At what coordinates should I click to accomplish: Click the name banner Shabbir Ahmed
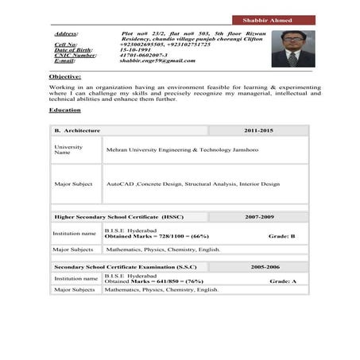coord(272,20)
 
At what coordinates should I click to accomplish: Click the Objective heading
coord(64,75)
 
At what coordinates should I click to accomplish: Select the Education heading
coord(64,110)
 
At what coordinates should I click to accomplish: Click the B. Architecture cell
coord(77,130)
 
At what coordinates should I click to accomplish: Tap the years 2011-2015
coord(258,130)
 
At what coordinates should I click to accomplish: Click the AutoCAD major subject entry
coord(193,184)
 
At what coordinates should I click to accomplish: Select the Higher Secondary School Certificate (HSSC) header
coord(118,216)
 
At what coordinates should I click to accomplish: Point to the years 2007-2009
coord(259,216)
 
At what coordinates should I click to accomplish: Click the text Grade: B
coord(281,236)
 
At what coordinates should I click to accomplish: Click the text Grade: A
coord(282,281)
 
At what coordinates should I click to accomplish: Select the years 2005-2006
coord(265,268)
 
